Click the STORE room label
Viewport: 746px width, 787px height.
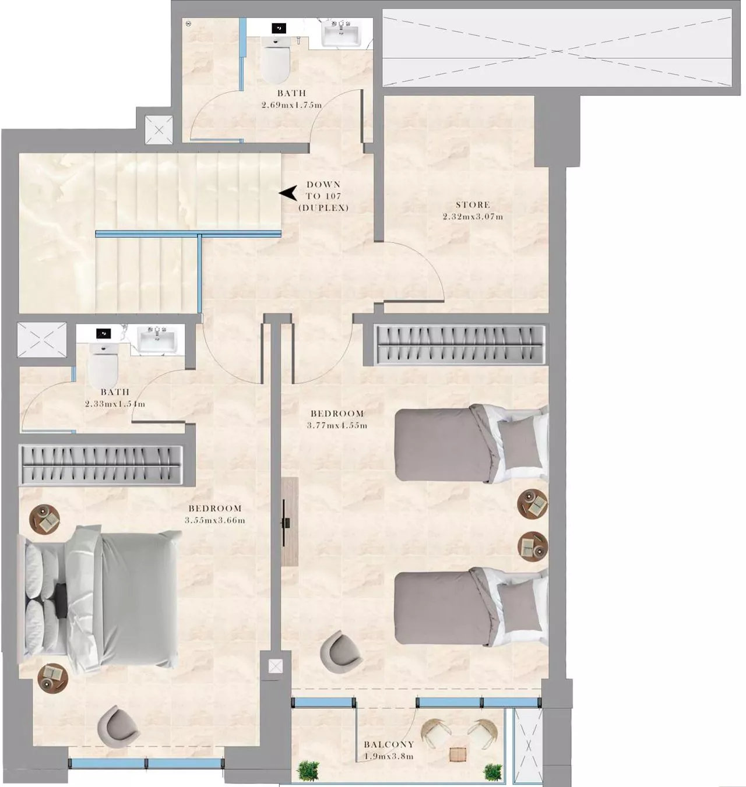click(x=473, y=204)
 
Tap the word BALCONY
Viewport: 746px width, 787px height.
click(x=389, y=744)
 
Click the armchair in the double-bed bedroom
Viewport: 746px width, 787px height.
click(x=118, y=725)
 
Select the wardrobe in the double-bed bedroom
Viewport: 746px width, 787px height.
click(x=101, y=465)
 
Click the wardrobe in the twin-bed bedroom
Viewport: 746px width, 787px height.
click(x=460, y=345)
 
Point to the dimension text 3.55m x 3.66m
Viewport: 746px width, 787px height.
click(x=215, y=520)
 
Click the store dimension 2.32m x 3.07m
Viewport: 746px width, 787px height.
click(x=473, y=217)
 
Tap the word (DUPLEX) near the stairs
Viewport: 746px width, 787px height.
click(x=323, y=208)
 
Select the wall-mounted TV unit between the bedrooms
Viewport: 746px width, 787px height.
click(x=288, y=522)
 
